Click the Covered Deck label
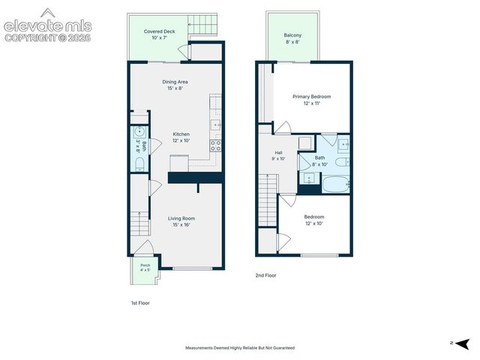(159, 31)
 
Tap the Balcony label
(292, 35)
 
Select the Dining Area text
(175, 82)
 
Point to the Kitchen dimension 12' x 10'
(181, 141)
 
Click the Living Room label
(181, 218)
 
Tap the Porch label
(145, 265)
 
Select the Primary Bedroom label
(312, 97)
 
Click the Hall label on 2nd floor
(278, 153)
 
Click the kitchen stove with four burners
(215, 145)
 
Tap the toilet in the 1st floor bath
(139, 165)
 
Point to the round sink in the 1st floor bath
(139, 132)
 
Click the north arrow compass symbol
(463, 344)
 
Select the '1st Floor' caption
(140, 303)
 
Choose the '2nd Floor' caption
(265, 275)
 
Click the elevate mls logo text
(48, 26)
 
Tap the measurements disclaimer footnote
(240, 348)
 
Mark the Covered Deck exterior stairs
(202, 24)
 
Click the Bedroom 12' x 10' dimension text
(314, 223)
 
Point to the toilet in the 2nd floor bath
(342, 162)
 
